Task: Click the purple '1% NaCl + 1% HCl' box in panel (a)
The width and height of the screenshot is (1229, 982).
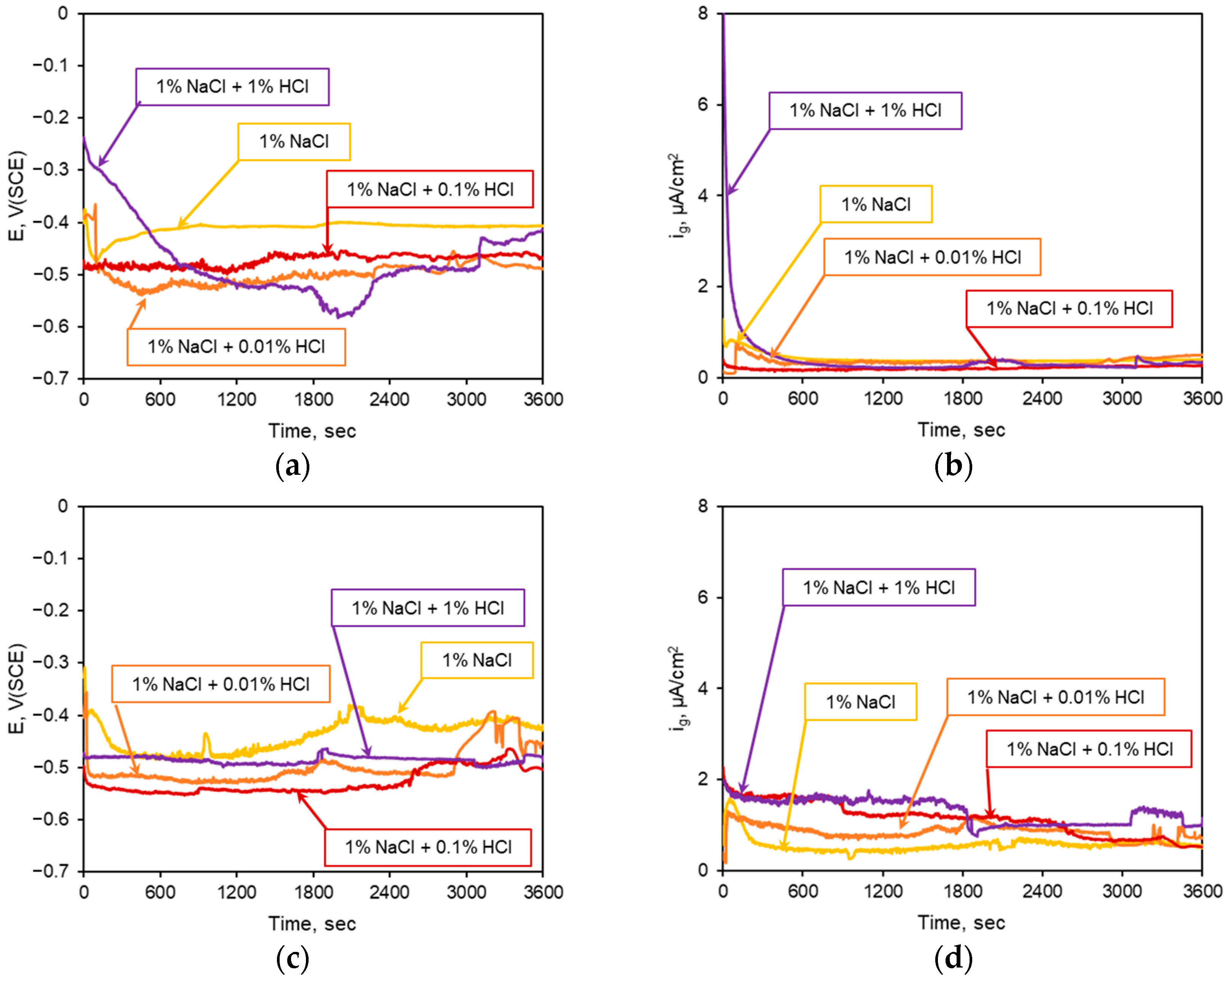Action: point(232,87)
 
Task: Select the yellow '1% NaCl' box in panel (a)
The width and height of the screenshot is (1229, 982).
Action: point(294,141)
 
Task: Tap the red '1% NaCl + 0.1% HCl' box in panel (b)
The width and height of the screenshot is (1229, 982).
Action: point(1069,309)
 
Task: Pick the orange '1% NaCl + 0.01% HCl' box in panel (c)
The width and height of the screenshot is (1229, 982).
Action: point(221,684)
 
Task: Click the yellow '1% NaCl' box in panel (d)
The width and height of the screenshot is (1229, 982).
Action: point(860,702)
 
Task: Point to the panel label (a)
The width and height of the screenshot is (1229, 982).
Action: point(293,466)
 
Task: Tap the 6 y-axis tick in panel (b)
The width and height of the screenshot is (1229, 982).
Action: point(703,104)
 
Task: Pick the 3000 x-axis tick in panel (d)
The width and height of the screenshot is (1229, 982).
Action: point(1122,891)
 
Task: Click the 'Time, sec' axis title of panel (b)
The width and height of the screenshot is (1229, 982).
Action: point(961,430)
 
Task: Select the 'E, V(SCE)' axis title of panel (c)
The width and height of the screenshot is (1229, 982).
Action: point(18,688)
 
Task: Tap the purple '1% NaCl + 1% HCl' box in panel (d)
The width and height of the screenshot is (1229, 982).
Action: point(879,587)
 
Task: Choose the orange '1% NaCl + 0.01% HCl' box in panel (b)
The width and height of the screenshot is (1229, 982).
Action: point(932,257)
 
